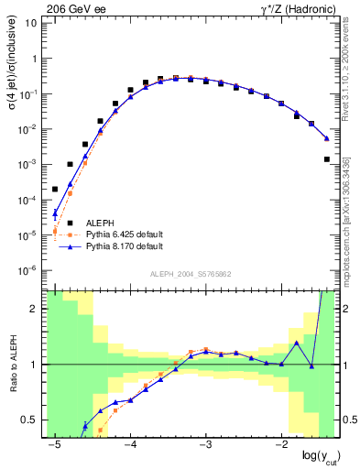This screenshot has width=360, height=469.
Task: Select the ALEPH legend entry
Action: tap(105, 223)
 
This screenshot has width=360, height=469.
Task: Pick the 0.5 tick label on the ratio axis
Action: tap(28, 420)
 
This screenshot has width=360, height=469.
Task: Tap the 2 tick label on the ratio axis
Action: tap(33, 309)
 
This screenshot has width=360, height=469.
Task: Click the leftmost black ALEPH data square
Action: tap(55, 189)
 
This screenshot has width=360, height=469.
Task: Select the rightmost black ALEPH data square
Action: tap(327, 159)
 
